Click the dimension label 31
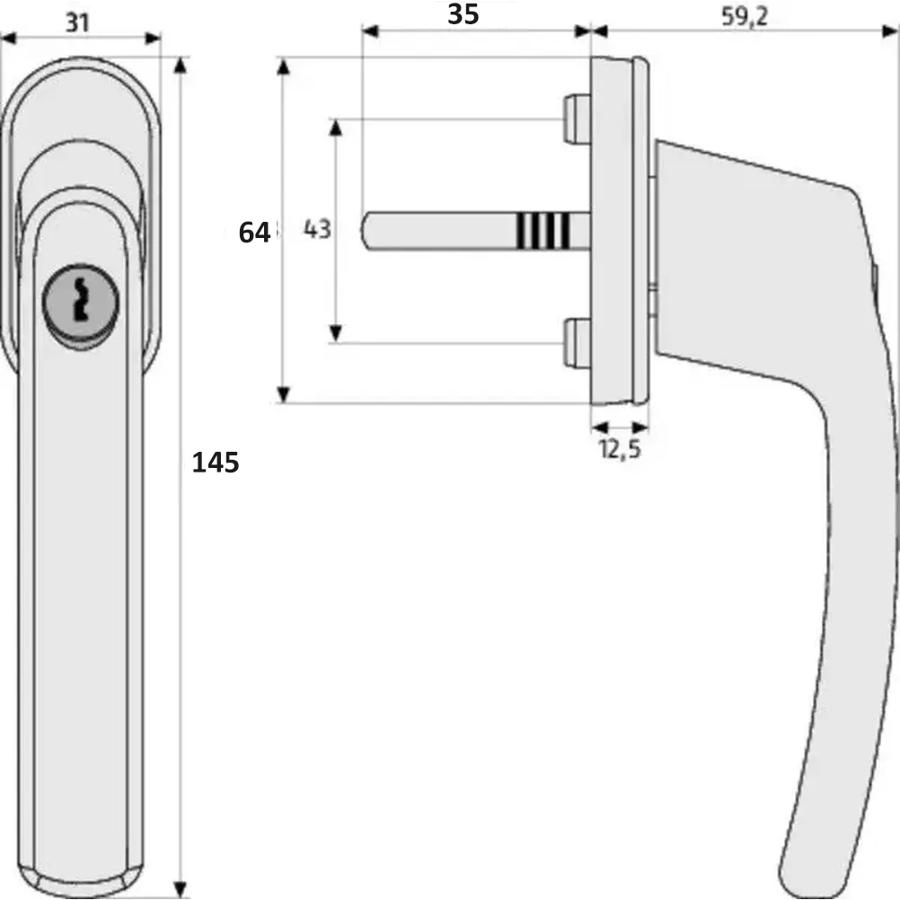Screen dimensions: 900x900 (77, 22)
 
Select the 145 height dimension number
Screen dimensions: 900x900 (216, 463)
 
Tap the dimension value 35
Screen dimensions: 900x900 (463, 13)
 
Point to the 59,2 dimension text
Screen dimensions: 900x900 (744, 17)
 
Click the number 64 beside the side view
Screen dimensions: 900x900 (253, 233)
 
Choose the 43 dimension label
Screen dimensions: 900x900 (317, 229)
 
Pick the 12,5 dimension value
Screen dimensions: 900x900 (620, 448)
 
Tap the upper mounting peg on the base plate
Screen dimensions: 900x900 (578, 119)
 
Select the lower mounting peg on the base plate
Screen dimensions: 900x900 (578, 343)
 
